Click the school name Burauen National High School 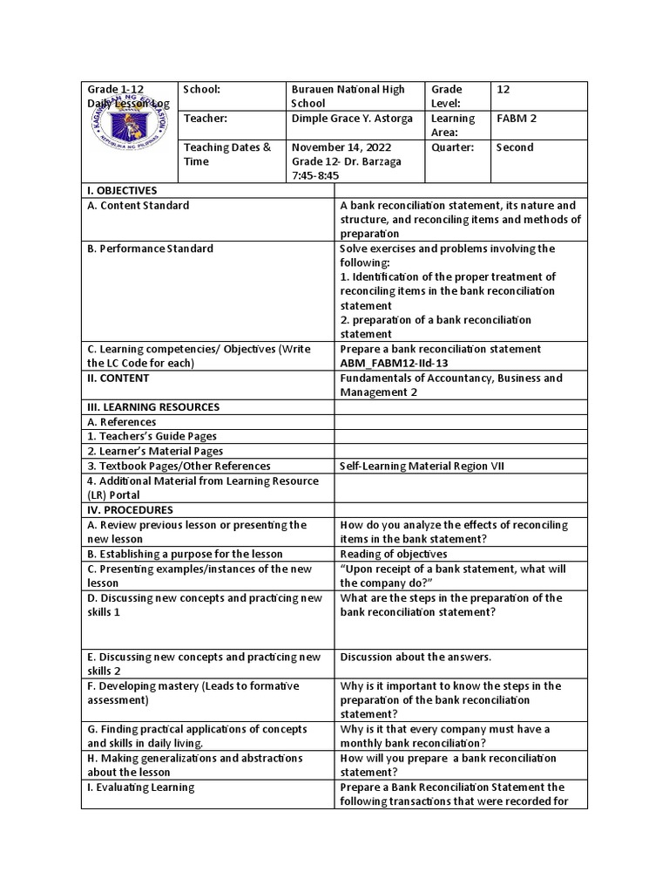pyautogui.click(x=348, y=96)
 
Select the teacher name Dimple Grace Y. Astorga pyautogui.click(x=352, y=119)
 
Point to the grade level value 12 pyautogui.click(x=503, y=89)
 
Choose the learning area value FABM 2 pyautogui.click(x=510, y=119)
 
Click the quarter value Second pyautogui.click(x=514, y=147)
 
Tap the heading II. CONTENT pyautogui.click(x=118, y=378)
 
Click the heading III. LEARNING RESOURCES pyautogui.click(x=152, y=407)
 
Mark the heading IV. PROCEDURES pyautogui.click(x=129, y=510)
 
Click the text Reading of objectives pyautogui.click(x=394, y=554)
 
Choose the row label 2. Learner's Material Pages pyautogui.click(x=155, y=451)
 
